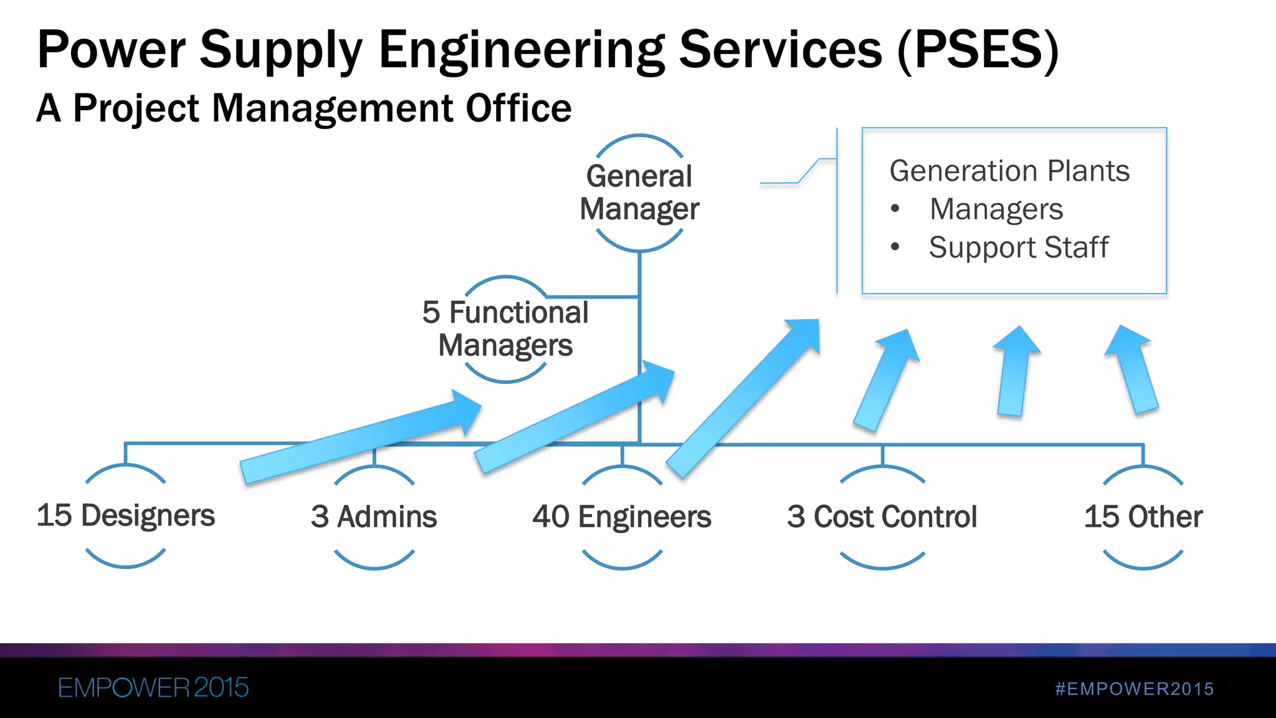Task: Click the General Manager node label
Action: click(639, 193)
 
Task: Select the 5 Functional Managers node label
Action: click(505, 328)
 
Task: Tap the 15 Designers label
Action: click(126, 515)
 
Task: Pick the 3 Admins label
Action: click(374, 517)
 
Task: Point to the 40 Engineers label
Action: click(622, 517)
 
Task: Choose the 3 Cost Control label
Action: click(882, 517)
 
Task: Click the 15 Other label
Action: click(1143, 517)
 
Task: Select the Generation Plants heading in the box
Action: click(1009, 171)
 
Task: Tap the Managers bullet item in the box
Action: click(996, 209)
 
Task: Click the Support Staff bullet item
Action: click(1019, 247)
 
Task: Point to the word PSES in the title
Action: click(978, 50)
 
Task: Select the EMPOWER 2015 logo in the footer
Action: click(153, 688)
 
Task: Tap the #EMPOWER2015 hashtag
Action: click(1135, 689)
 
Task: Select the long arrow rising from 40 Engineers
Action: click(741, 399)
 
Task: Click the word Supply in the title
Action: click(281, 50)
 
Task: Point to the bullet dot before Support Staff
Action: click(895, 247)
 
